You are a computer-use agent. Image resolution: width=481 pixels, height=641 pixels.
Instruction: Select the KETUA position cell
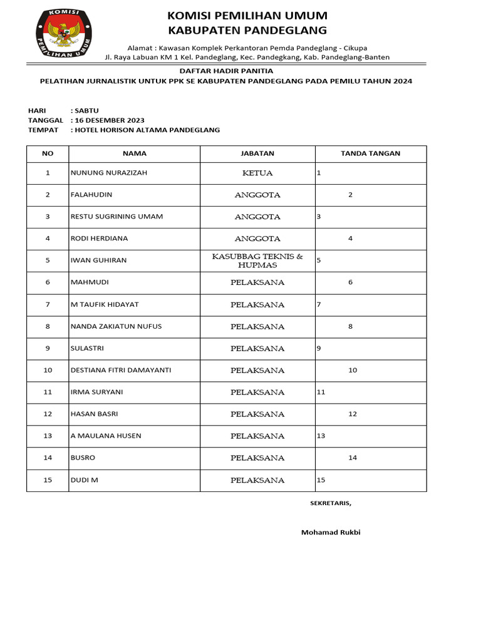tap(257, 173)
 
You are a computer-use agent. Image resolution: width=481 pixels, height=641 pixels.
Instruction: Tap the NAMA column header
tap(134, 153)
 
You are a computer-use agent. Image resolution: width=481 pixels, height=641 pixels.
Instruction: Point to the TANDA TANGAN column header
tap(370, 153)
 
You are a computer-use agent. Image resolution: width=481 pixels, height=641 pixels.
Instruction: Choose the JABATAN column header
tap(257, 153)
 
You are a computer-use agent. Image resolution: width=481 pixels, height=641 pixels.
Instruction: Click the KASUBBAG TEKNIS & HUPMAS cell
tap(257, 260)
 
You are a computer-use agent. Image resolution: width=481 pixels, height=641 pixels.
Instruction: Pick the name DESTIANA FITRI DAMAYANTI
tap(121, 370)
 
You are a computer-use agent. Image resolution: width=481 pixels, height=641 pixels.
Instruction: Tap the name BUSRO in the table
tap(83, 458)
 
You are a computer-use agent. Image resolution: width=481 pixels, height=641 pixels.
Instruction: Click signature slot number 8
tap(351, 326)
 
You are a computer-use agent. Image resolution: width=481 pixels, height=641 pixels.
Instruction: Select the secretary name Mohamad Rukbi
tap(331, 533)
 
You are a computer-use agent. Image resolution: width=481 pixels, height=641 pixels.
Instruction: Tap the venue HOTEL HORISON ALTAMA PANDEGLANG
tap(147, 130)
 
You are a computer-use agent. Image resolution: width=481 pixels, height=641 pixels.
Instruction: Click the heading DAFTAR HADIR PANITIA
tap(226, 71)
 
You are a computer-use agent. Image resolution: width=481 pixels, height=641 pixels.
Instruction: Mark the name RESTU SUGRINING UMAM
tap(117, 217)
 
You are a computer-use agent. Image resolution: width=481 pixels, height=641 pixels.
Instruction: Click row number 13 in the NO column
tap(48, 436)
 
